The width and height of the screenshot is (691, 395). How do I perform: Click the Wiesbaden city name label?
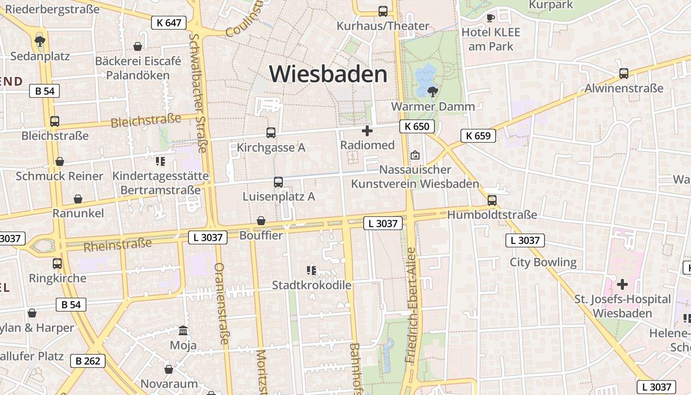pos(328,74)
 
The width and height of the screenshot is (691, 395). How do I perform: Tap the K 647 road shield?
pos(169,22)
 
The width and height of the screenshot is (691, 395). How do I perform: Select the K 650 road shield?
pos(417,126)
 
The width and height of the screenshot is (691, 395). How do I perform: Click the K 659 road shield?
pos(478,136)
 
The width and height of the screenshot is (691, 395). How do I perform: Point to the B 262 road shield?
pos(88,361)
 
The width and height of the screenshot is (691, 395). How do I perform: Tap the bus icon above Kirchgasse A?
pos(270,132)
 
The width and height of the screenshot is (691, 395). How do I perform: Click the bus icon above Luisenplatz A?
pos(278,182)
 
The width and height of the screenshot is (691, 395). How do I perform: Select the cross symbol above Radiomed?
pos(367,131)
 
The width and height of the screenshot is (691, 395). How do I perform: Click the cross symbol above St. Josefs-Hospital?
pos(622,284)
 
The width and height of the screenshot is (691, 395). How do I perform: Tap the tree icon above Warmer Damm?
pos(432,91)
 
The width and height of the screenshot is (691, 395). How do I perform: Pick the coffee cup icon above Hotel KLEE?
pos(490,18)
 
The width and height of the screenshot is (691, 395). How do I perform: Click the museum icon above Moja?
pos(183,330)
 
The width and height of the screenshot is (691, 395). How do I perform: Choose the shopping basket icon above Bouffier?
pos(261,221)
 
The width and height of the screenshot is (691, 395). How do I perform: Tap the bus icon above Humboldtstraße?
pos(492,200)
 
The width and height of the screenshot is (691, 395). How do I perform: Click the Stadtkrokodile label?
pos(312,285)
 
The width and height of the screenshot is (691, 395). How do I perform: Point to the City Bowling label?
pos(543,262)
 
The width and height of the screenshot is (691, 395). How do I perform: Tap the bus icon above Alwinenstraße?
pos(624,74)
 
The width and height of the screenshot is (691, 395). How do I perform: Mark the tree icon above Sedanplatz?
pos(40,41)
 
